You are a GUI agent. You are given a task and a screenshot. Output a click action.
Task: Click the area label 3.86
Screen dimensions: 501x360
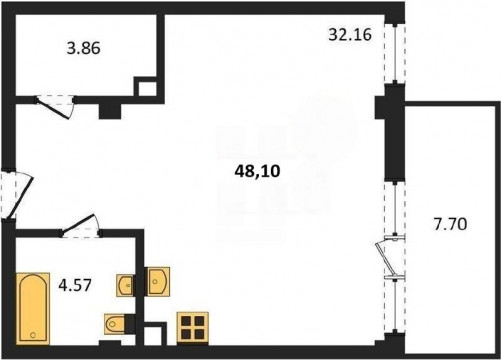(83, 49)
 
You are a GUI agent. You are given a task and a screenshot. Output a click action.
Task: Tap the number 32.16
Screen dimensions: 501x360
(350, 34)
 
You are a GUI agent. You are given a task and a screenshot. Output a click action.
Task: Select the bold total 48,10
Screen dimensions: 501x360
(257, 171)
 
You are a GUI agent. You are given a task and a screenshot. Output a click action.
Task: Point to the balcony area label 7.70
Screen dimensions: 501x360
(450, 224)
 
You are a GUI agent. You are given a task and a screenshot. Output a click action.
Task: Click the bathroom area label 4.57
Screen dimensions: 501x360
(75, 285)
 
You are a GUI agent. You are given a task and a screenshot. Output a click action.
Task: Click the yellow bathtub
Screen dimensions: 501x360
(33, 309)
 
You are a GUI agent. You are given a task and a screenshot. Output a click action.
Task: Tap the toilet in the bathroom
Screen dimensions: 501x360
(114, 324)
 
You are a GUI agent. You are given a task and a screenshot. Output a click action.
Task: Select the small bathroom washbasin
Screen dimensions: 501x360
(125, 285)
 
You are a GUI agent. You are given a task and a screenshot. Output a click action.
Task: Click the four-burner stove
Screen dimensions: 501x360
(193, 328)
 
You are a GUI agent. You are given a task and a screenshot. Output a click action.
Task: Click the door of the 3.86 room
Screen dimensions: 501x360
(54, 106)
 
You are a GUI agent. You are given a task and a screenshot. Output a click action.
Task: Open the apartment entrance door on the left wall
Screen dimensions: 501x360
(17, 195)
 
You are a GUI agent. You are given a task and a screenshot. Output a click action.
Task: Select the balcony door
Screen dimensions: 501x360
(389, 258)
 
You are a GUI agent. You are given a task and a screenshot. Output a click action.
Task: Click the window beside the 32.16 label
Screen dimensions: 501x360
(395, 53)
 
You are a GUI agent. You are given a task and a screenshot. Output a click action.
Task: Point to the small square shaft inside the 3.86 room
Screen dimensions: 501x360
(145, 87)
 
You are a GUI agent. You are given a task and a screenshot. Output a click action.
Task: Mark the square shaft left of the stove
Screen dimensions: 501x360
(155, 334)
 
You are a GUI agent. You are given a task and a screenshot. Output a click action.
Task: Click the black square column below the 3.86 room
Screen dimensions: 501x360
(110, 111)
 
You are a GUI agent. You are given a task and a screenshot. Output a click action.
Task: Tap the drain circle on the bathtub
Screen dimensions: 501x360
(33, 335)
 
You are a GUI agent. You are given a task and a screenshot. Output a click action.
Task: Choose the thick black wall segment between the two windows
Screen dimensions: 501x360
(394, 133)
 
